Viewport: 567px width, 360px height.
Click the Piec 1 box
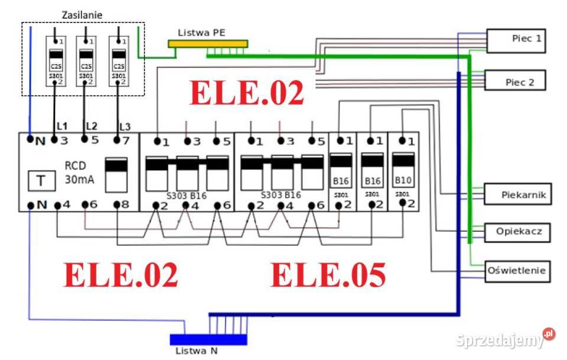click(516, 40)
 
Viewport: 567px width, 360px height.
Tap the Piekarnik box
click(518, 194)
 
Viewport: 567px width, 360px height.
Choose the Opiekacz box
click(517, 232)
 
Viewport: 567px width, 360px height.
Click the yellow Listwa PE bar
click(207, 44)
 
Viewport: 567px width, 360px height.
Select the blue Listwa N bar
click(208, 339)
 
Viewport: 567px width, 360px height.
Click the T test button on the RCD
click(40, 180)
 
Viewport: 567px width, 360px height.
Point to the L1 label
click(62, 126)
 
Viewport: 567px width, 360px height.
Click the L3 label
click(125, 127)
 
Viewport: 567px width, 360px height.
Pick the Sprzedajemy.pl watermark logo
click(505, 339)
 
